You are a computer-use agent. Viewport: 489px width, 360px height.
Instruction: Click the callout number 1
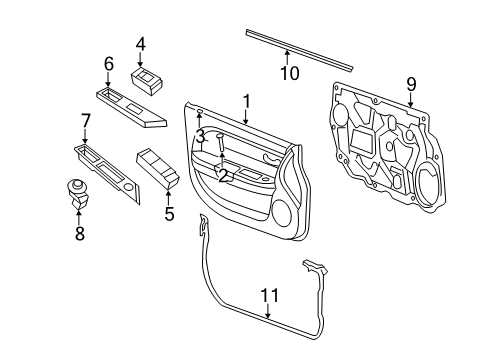(x=246, y=101)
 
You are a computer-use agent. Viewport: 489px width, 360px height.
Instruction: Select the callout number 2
(x=223, y=176)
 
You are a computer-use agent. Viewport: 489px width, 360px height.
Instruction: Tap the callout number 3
(x=199, y=135)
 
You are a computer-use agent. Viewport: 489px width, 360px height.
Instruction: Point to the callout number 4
(x=141, y=43)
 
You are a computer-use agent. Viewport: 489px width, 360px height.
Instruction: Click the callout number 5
(x=168, y=213)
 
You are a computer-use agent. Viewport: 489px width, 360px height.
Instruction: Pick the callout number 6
(x=109, y=64)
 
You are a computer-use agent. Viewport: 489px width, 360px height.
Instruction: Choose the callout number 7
(x=85, y=121)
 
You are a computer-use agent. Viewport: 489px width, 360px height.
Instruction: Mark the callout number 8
(x=79, y=232)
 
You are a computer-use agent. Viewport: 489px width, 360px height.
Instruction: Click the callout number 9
(x=410, y=83)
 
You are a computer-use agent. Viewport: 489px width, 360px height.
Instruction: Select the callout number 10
(x=289, y=73)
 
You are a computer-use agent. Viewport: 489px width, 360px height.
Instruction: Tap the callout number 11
(x=267, y=294)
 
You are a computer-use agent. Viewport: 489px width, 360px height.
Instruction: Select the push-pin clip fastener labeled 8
(x=77, y=190)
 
